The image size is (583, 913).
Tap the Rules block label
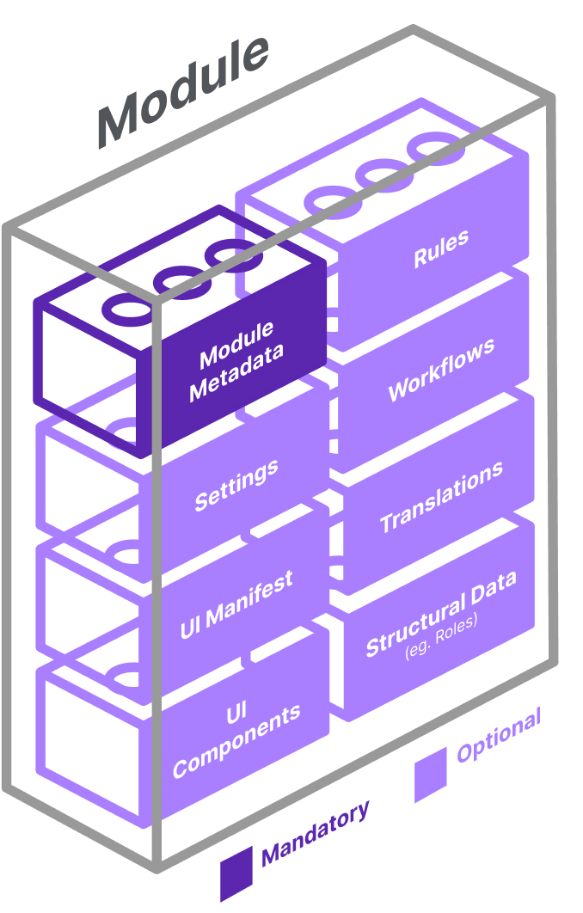[x=441, y=248]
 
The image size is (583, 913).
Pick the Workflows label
[x=441, y=369]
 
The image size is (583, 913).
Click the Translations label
[x=441, y=497]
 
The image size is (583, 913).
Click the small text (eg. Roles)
[x=441, y=641]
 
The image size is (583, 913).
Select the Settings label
[x=236, y=485]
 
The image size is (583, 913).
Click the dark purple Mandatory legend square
[x=236, y=873]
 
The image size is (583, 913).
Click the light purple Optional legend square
[x=431, y=774]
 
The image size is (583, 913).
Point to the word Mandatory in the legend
[x=316, y=831]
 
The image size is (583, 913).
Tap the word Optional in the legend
[x=499, y=735]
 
